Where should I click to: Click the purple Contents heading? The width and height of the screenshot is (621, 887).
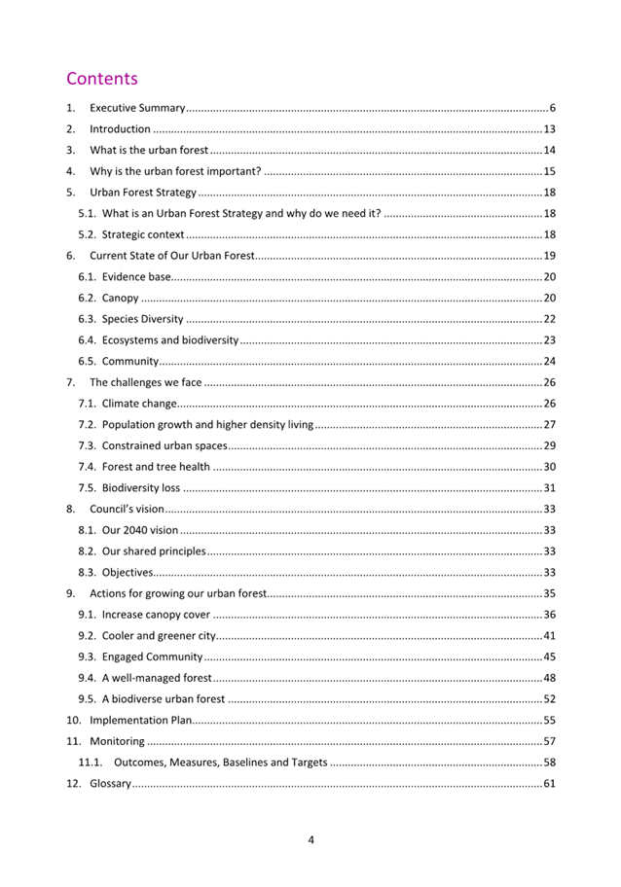[x=102, y=79]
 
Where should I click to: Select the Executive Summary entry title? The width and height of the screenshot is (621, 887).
[x=137, y=107]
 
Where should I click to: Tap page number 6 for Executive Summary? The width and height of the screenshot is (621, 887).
[x=551, y=107]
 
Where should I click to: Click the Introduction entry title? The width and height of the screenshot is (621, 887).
[x=120, y=128]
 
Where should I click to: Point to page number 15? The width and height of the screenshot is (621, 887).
[x=549, y=171]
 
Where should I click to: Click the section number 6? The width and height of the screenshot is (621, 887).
[x=70, y=256]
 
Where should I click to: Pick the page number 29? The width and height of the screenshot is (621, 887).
[x=549, y=445]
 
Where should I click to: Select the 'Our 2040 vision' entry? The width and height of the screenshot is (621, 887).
[x=128, y=530]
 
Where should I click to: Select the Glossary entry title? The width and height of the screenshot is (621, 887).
[x=110, y=784]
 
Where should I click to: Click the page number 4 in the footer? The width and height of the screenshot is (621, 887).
[x=310, y=840]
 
